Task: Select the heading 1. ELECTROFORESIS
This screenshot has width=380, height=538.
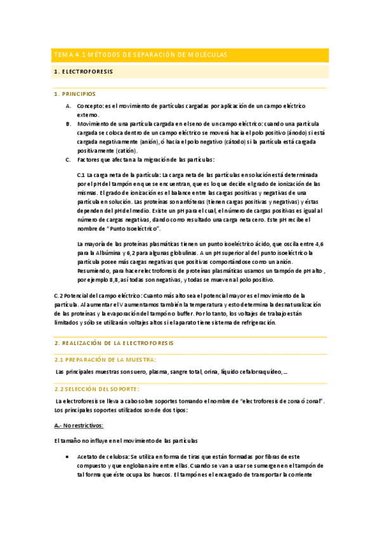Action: tap(84, 72)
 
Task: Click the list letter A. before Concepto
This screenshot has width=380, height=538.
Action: tap(69, 106)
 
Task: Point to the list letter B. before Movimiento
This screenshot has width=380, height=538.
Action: tap(69, 124)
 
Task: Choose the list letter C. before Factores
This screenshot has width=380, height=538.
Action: tap(69, 159)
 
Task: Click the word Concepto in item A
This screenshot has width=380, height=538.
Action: tap(90, 106)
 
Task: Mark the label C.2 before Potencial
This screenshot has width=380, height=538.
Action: tap(61, 296)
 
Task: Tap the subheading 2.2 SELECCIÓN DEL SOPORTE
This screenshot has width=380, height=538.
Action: tap(98, 388)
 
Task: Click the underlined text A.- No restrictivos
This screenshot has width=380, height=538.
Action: tap(79, 424)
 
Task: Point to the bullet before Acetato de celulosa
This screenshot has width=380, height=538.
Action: tap(68, 456)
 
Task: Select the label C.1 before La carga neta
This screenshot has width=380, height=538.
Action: tap(81, 174)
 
